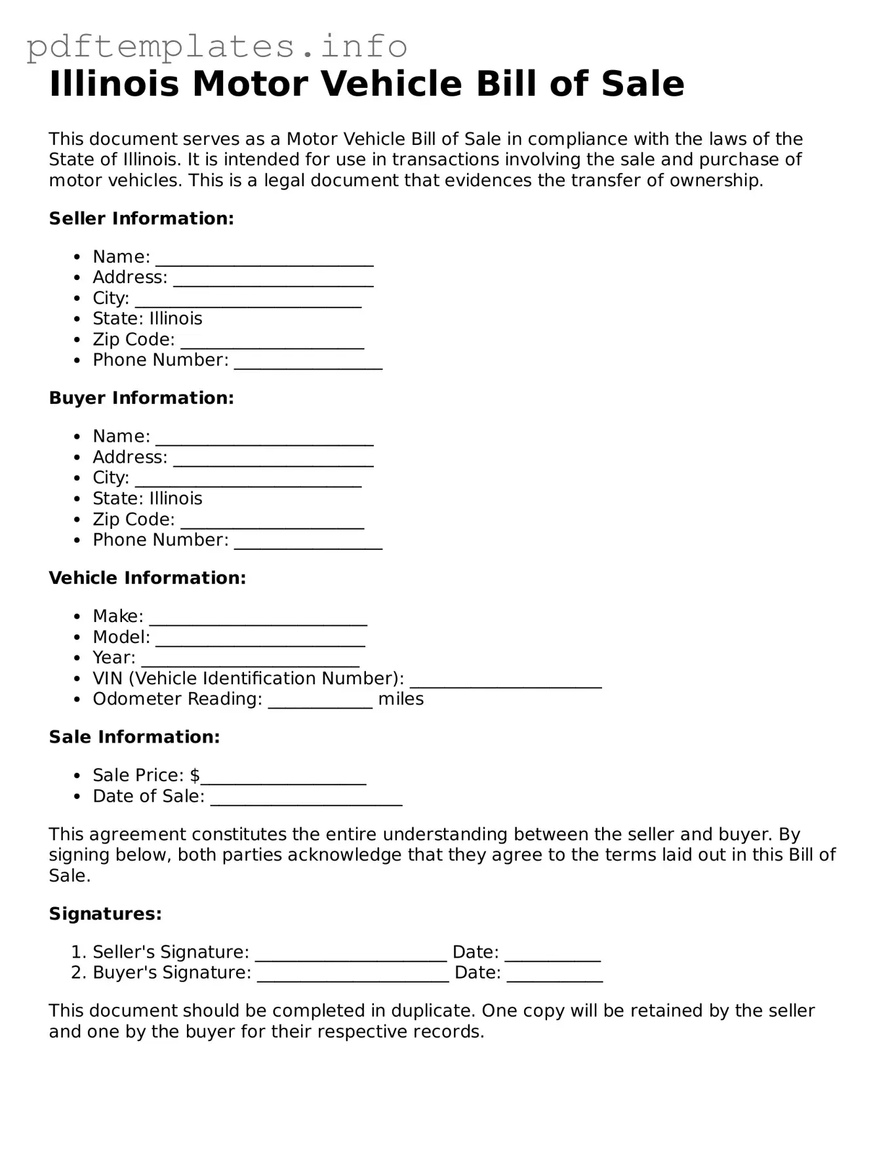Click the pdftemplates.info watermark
216,47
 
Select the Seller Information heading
141,218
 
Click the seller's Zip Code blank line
272,344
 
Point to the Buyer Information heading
141,398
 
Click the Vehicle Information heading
147,577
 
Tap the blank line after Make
258,621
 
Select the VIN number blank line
506,683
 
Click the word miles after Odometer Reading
401,699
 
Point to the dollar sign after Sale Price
195,775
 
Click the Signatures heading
105,914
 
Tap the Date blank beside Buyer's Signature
555,977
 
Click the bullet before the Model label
78,637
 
